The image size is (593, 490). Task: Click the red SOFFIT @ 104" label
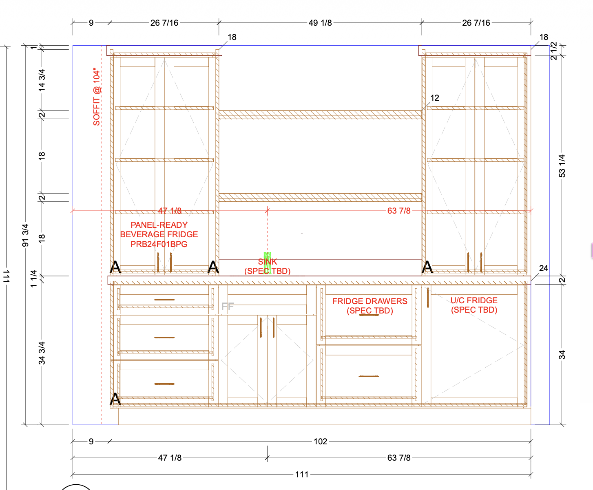pyautogui.click(x=97, y=97)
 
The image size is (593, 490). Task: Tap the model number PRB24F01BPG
pyautogui.click(x=159, y=244)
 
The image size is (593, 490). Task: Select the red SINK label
pyautogui.click(x=267, y=261)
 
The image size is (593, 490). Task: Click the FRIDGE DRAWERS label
pyautogui.click(x=370, y=301)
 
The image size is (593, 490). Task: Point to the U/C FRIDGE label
pyautogui.click(x=474, y=300)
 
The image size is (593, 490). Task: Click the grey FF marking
pyautogui.click(x=228, y=306)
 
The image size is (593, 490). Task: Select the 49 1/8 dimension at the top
pyautogui.click(x=320, y=23)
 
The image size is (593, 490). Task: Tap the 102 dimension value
pyautogui.click(x=320, y=441)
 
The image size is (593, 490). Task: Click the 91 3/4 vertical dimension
pyautogui.click(x=25, y=235)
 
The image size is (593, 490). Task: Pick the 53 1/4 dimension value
pyautogui.click(x=562, y=166)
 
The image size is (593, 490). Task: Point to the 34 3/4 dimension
pyautogui.click(x=42, y=353)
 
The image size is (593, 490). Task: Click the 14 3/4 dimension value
pyautogui.click(x=42, y=80)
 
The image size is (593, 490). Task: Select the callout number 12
pyautogui.click(x=434, y=98)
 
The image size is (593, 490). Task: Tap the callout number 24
pyautogui.click(x=543, y=268)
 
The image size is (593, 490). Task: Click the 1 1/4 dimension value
pyautogui.click(x=33, y=278)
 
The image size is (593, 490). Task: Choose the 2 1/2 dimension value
pyautogui.click(x=554, y=51)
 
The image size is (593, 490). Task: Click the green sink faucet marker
pyautogui.click(x=267, y=263)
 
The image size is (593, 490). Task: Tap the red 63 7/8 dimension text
pyautogui.click(x=399, y=211)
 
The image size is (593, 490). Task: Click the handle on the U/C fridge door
pyautogui.click(x=428, y=298)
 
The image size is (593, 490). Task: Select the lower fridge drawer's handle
pyautogui.click(x=369, y=376)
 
